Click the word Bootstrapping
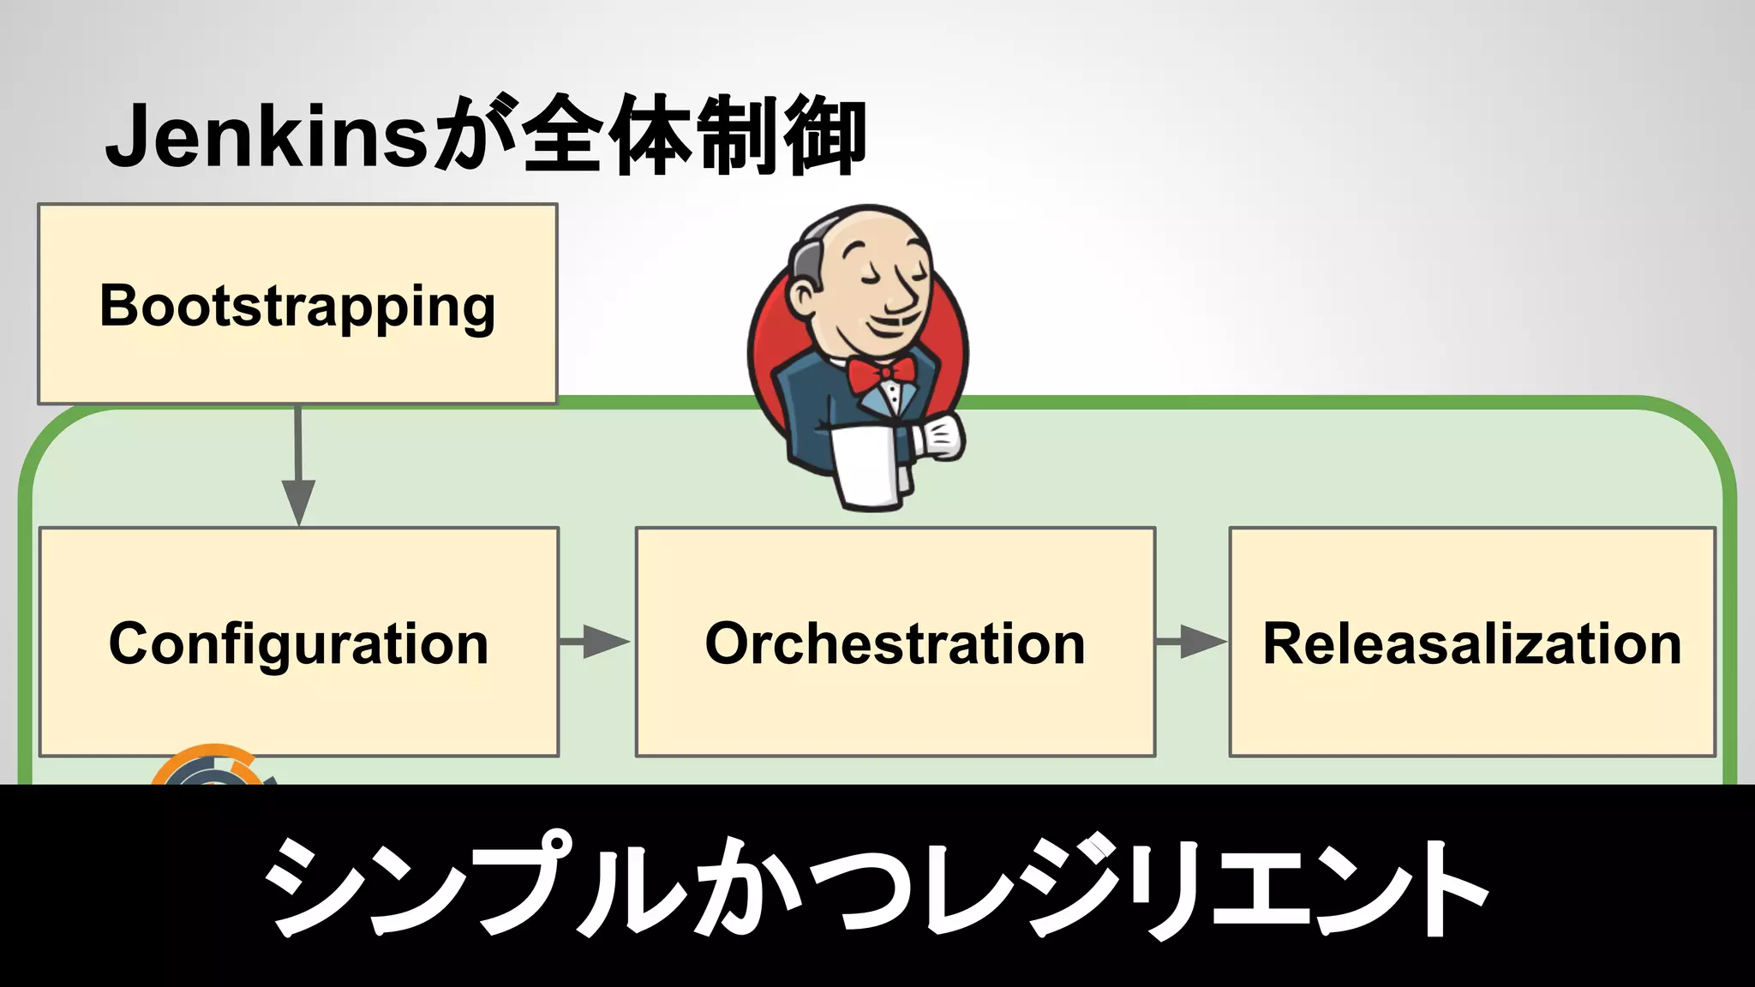(x=297, y=307)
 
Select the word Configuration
(x=298, y=644)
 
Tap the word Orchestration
(x=895, y=643)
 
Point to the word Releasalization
(x=1471, y=643)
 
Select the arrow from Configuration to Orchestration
(x=596, y=641)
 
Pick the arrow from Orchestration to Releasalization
(x=1192, y=641)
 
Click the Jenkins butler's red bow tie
(x=880, y=373)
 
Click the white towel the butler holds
(x=870, y=467)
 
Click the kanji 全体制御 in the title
(x=694, y=135)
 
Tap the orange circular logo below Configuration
(x=210, y=767)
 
